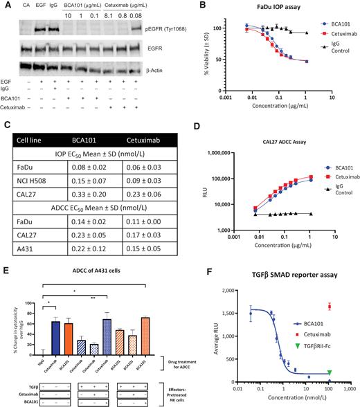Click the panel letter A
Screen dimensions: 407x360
coord(5,6)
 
